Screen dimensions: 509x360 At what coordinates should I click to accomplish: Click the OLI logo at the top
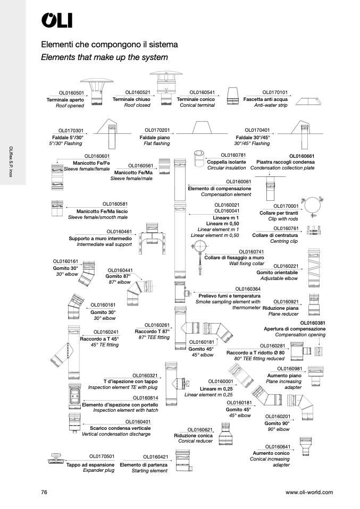tap(57, 20)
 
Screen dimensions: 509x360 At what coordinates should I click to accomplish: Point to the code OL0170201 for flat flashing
tap(157, 130)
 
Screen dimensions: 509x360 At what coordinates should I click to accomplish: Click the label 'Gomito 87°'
tap(118, 276)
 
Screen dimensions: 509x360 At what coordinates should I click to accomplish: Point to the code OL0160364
tap(248, 289)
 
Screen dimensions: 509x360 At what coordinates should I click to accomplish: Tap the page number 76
tap(44, 493)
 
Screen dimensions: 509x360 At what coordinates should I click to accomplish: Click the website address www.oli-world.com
tap(309, 493)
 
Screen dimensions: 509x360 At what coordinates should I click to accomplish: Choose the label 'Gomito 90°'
tap(277, 423)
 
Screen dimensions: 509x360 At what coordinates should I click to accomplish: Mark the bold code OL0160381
tap(313, 323)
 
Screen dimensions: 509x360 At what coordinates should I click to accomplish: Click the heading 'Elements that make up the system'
tap(104, 57)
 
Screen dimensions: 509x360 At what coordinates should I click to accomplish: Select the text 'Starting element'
tap(149, 471)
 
